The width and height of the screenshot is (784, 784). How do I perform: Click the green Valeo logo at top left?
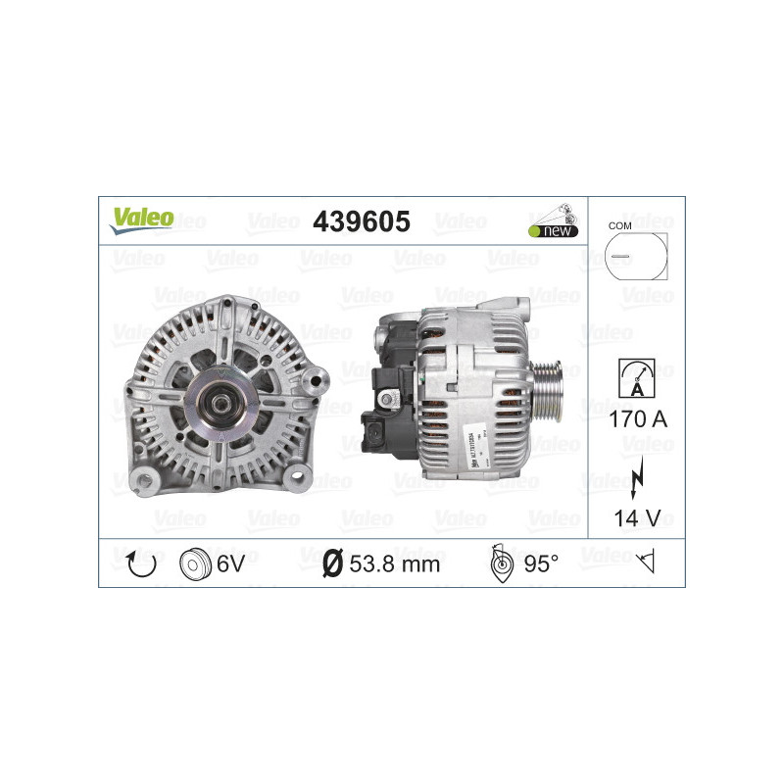141,220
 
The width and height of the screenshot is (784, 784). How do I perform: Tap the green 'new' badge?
553,230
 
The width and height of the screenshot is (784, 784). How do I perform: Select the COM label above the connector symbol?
619,225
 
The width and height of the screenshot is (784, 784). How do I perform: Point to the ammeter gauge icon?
637,375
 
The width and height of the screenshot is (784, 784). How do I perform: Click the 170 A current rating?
637,420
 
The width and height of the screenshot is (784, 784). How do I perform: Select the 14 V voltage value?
637,518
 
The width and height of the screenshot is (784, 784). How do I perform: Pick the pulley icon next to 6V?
196,563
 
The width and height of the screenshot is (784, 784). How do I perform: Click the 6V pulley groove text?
231,563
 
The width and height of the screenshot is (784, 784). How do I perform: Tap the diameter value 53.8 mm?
395,563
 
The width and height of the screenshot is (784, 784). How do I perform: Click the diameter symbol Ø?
331,563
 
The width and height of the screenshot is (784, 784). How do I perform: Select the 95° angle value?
541,563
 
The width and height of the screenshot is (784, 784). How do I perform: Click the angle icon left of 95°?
499,563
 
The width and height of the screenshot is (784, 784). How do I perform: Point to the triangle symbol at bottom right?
645,563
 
